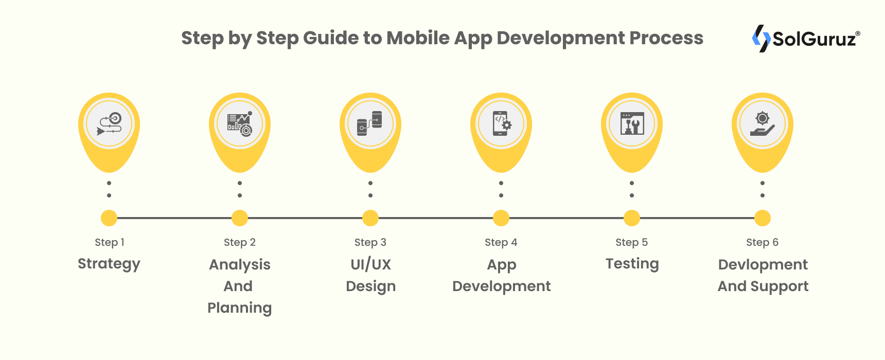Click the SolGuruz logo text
pyautogui.click(x=815, y=39)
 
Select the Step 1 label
pyautogui.click(x=109, y=242)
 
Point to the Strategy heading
pyautogui.click(x=109, y=264)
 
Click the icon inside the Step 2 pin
pyautogui.click(x=240, y=124)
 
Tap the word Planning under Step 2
pyautogui.click(x=239, y=308)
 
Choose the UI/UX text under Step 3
pyautogui.click(x=370, y=264)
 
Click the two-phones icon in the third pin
pyautogui.click(x=370, y=124)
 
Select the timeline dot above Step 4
pyautogui.click(x=501, y=218)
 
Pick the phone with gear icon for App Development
pyautogui.click(x=501, y=124)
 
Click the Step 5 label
pyautogui.click(x=631, y=242)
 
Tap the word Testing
pyautogui.click(x=632, y=264)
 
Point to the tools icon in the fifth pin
pyautogui.click(x=632, y=124)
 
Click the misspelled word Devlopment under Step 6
pyautogui.click(x=763, y=264)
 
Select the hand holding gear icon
pyautogui.click(x=763, y=124)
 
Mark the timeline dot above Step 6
pyautogui.click(x=762, y=218)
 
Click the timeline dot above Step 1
pyautogui.click(x=109, y=218)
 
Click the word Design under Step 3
pyautogui.click(x=370, y=286)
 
